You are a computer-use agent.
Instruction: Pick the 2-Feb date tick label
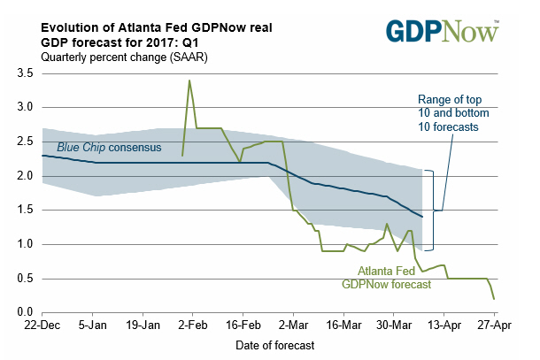tap(192, 326)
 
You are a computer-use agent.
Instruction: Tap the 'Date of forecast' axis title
tap(267, 346)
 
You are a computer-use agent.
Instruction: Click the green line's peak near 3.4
tap(189, 80)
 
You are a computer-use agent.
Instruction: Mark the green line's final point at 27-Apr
tap(494, 298)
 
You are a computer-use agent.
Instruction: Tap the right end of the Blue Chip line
tap(423, 217)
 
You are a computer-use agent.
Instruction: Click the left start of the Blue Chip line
tap(42, 156)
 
